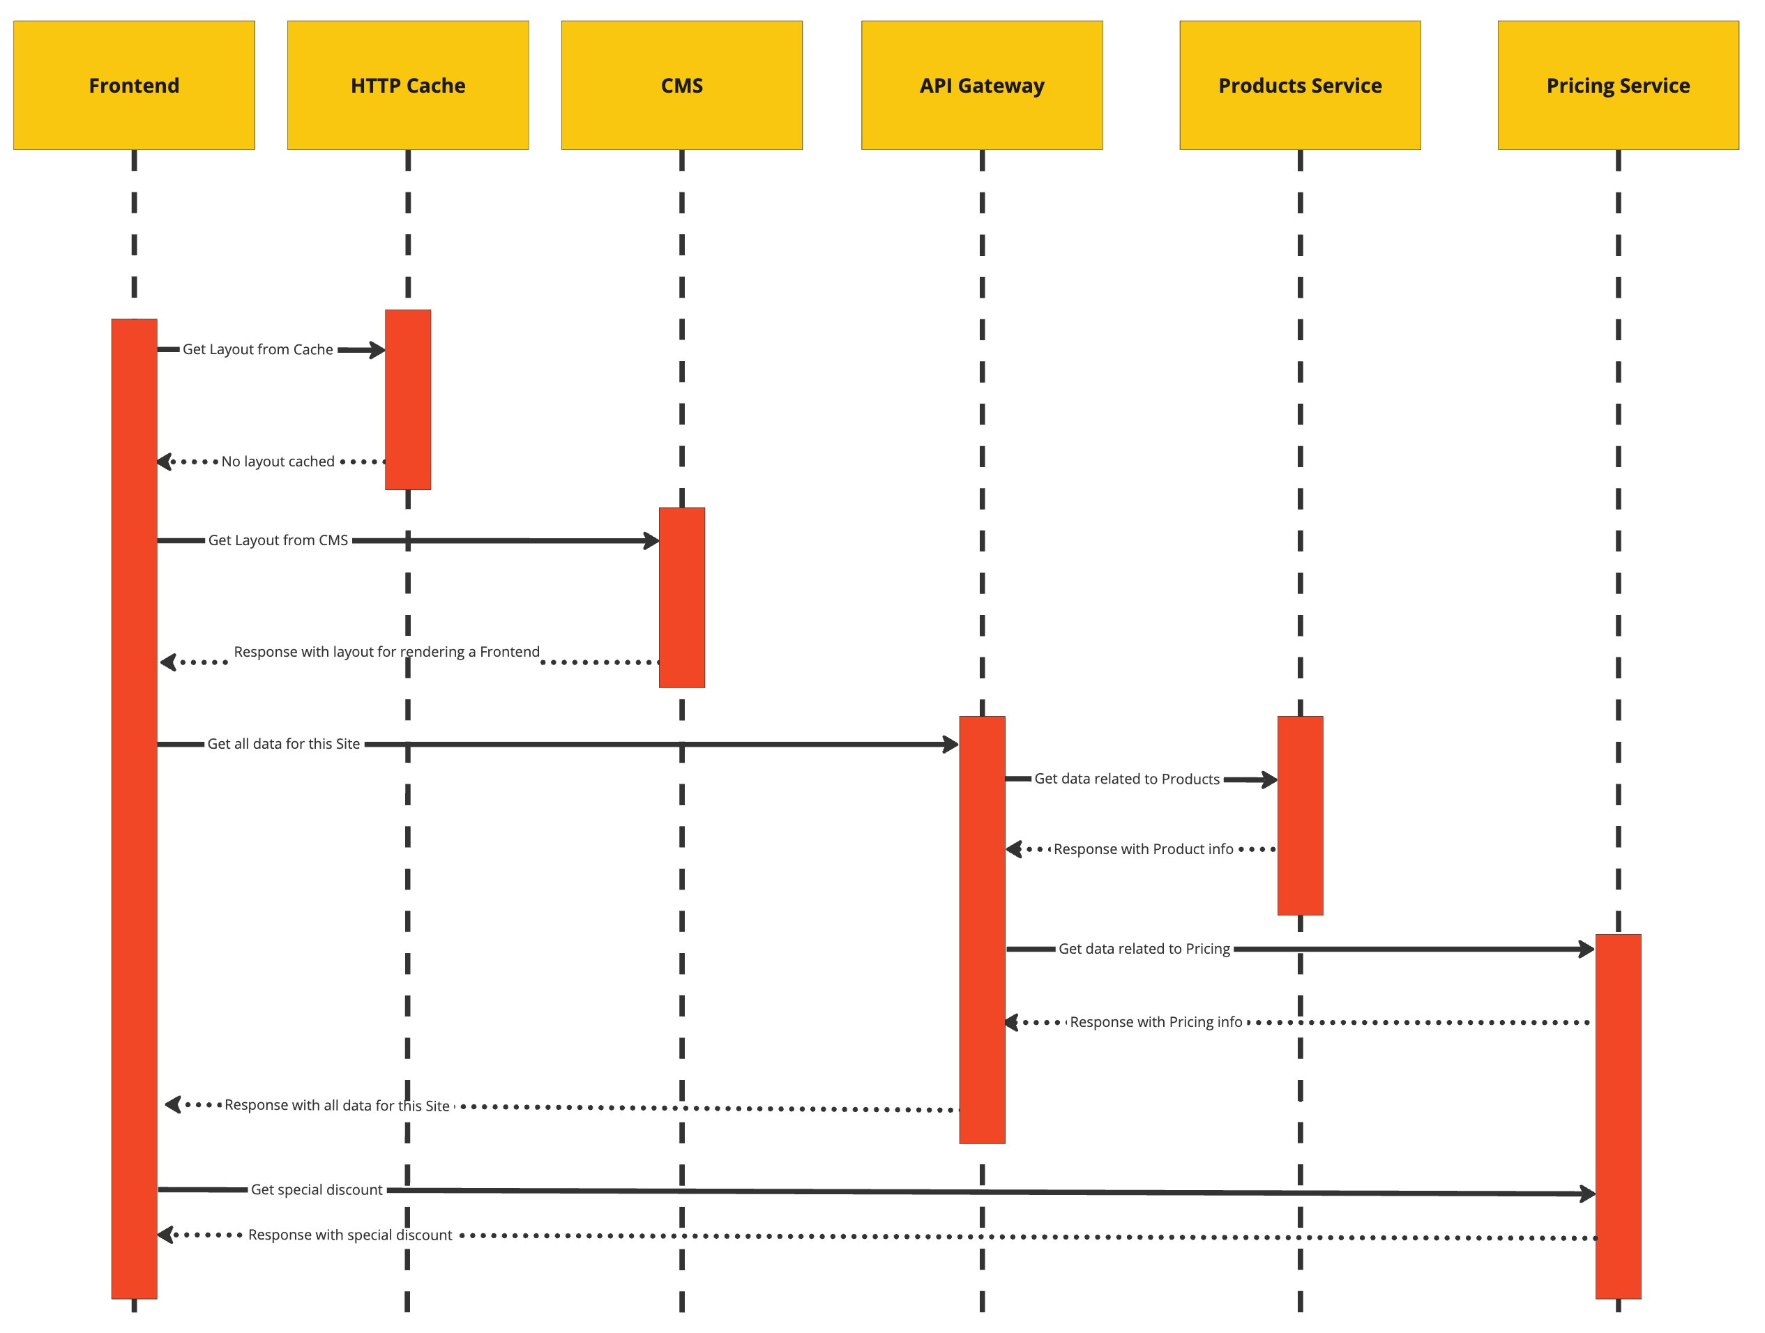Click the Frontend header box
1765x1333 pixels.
tap(134, 85)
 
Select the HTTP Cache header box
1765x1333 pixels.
tap(408, 85)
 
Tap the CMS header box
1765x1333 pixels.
tap(681, 85)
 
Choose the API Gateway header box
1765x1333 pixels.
tap(981, 85)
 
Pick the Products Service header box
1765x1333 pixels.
tap(1300, 85)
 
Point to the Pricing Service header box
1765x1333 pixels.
tap(1617, 85)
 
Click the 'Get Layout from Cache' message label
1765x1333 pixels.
tap(258, 349)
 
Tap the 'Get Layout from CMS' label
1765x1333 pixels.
tap(278, 540)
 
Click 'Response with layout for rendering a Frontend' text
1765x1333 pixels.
tap(386, 652)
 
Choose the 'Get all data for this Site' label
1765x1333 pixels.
tap(283, 743)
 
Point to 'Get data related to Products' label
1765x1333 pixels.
tap(1127, 779)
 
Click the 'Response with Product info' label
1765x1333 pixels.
tap(1143, 848)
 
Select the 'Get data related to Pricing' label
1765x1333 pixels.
tap(1144, 948)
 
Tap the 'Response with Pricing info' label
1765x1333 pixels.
tap(1156, 1022)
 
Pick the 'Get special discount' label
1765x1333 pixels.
tap(317, 1189)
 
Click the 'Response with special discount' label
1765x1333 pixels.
tap(349, 1235)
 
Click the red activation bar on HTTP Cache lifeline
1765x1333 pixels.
tap(408, 399)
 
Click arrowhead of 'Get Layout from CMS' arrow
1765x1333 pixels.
tap(652, 541)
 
